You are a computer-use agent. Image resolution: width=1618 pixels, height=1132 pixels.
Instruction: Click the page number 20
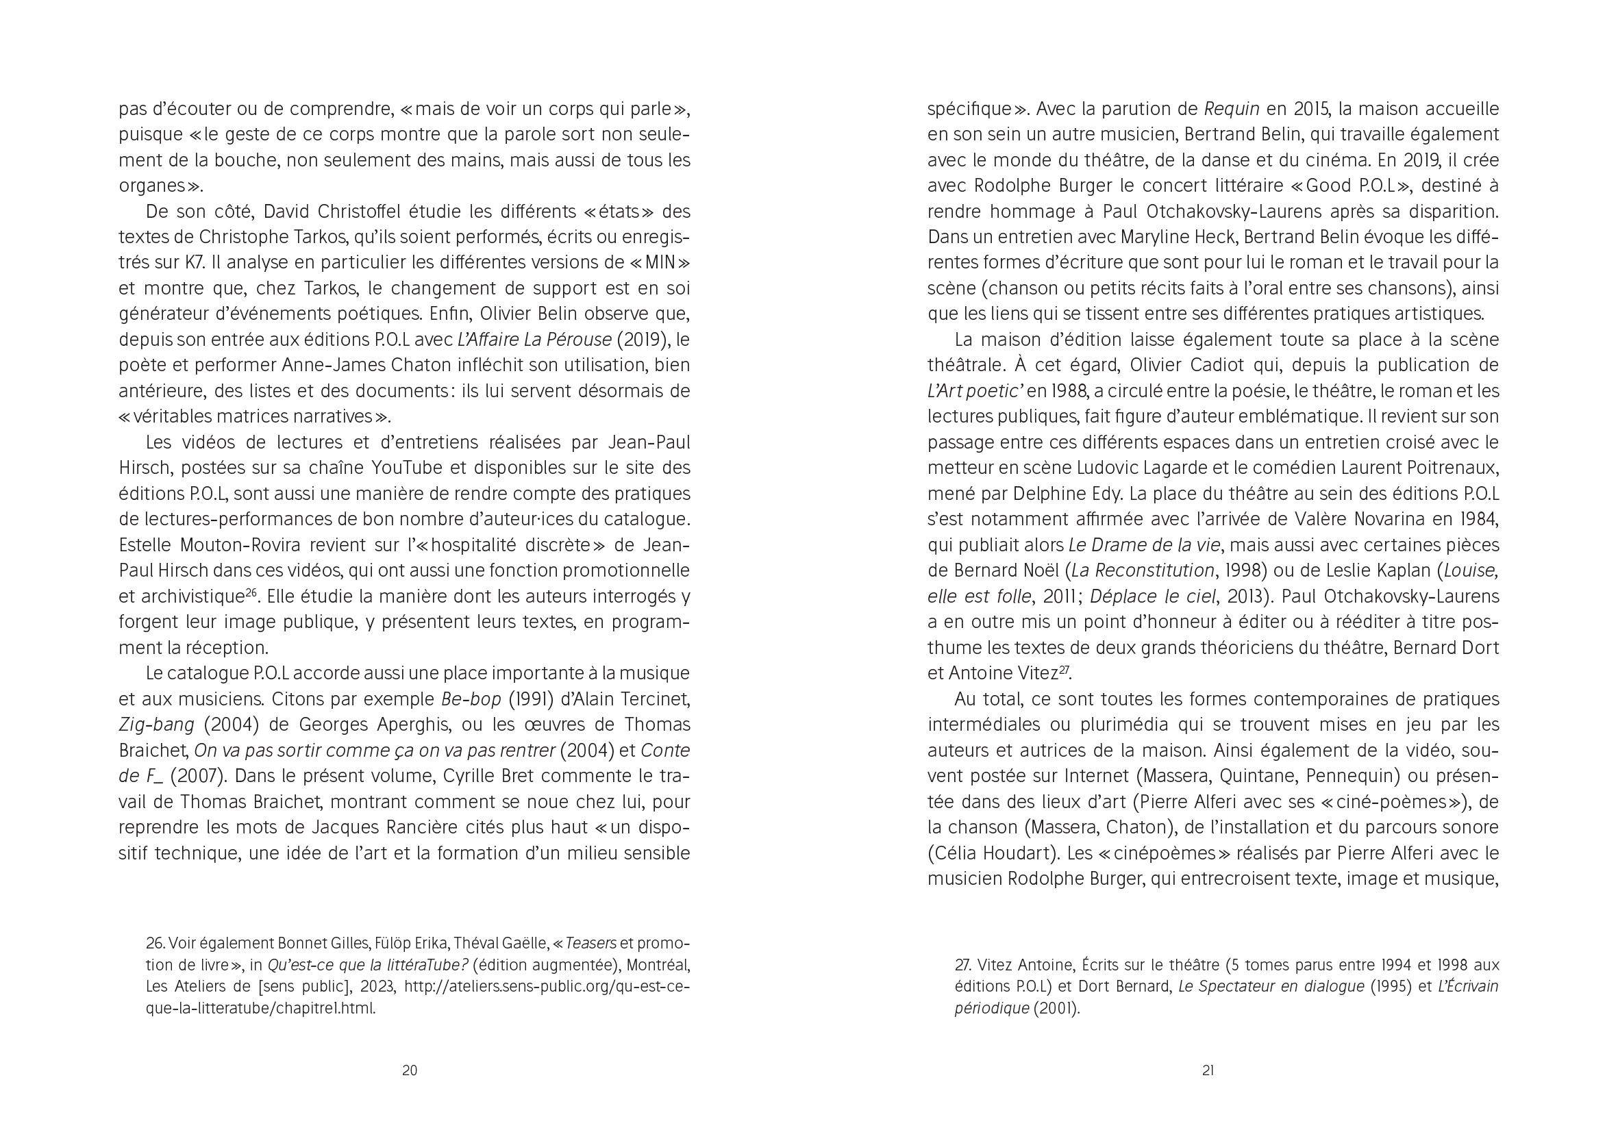(x=410, y=1071)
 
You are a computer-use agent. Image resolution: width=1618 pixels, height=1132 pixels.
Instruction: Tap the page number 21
(x=1208, y=1071)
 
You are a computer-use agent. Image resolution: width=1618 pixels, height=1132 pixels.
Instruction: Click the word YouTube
(x=407, y=468)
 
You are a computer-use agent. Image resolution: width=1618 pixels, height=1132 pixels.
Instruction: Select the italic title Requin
(x=1232, y=109)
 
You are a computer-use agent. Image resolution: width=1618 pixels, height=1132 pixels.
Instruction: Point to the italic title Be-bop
(x=471, y=699)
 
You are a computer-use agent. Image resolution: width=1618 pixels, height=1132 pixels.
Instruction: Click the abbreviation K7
(x=195, y=263)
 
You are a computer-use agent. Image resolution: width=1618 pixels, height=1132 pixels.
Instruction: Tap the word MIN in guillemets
(x=660, y=263)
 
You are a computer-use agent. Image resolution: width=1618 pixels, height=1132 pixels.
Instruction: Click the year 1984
(x=1477, y=520)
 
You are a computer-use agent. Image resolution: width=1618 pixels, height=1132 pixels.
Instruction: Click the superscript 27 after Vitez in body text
(x=1065, y=669)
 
